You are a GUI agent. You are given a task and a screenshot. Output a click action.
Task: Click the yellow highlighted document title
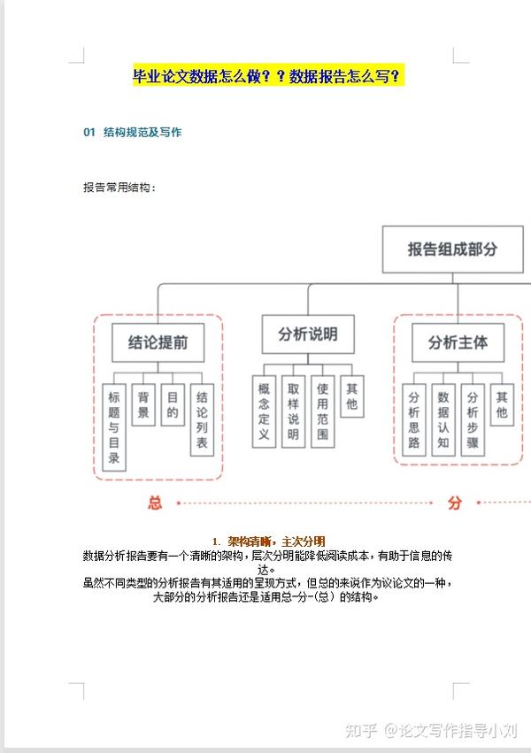(268, 76)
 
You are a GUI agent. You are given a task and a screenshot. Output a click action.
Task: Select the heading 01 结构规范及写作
(133, 133)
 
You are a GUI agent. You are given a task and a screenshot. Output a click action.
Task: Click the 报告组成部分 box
(453, 250)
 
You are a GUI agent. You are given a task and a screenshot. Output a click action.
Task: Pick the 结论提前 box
(158, 342)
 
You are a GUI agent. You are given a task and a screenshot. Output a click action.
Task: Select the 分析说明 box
(308, 334)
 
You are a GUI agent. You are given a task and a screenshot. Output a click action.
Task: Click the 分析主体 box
(458, 342)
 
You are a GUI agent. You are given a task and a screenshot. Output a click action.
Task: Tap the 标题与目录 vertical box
(114, 427)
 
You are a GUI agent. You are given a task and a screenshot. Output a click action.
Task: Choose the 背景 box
(143, 405)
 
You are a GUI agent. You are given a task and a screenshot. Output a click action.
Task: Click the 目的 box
(173, 405)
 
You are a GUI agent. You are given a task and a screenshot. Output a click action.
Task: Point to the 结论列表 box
(202, 419)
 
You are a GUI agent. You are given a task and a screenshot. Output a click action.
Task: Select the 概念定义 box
(264, 411)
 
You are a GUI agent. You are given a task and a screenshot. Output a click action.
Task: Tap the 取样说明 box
(293, 411)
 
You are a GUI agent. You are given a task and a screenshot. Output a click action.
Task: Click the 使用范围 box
(323, 411)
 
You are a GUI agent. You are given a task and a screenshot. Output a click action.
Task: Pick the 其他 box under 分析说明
(352, 396)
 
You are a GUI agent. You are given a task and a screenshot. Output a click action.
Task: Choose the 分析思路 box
(414, 419)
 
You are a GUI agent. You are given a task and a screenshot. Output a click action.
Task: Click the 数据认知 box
(443, 419)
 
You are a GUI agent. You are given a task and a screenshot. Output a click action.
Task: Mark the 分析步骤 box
(473, 419)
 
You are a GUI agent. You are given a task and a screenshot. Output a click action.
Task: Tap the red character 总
(155, 503)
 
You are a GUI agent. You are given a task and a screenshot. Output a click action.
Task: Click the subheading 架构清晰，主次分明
(276, 542)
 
